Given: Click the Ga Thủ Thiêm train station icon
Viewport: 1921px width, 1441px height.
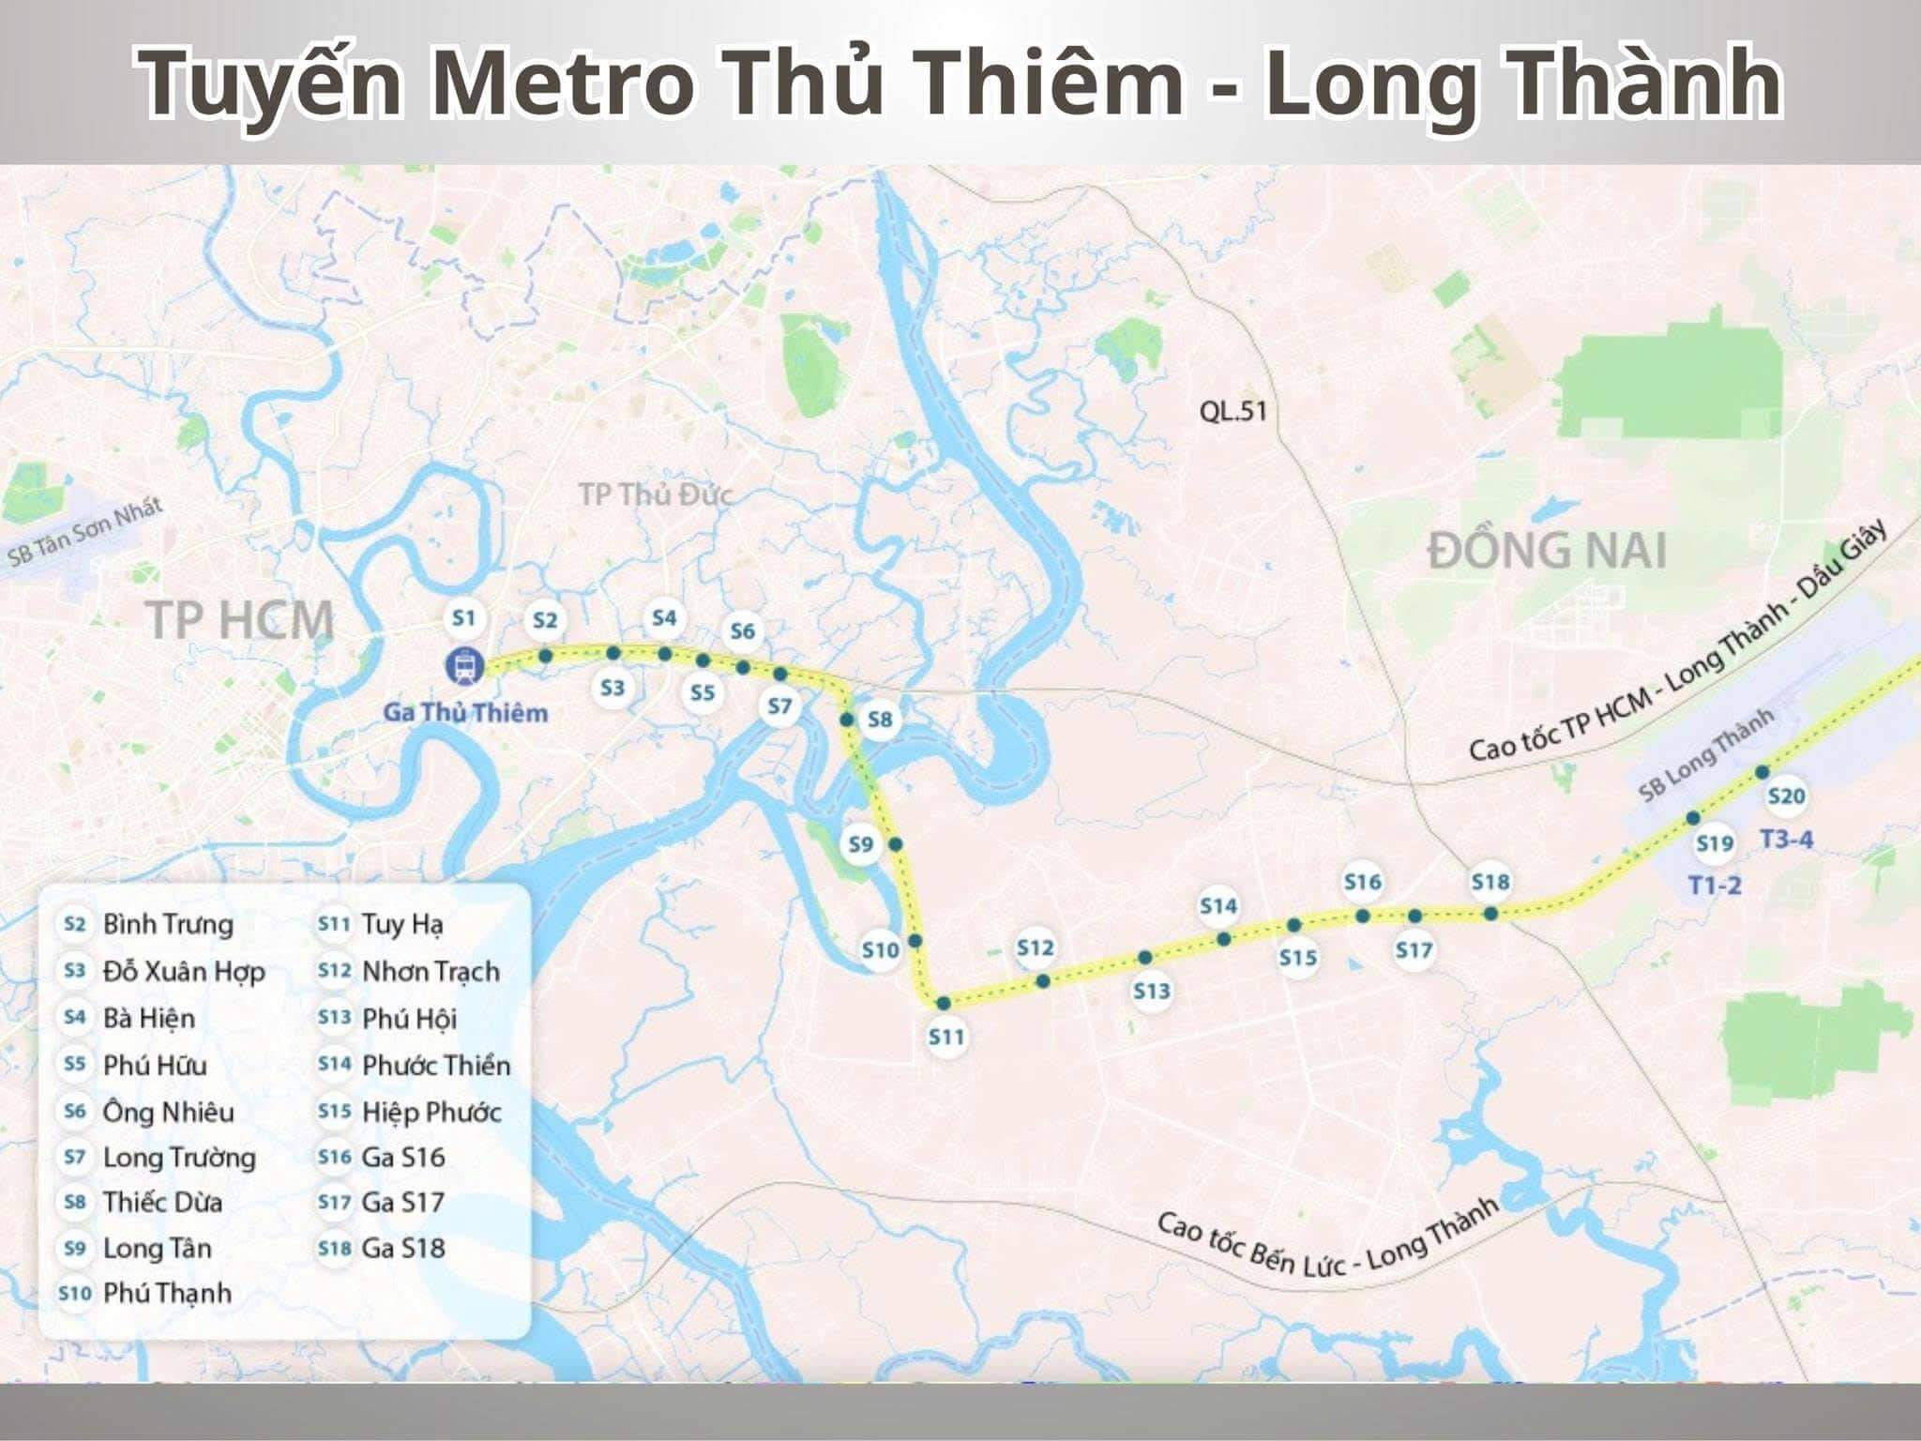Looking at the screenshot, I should [x=463, y=665].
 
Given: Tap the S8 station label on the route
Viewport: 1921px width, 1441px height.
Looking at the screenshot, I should [x=880, y=720].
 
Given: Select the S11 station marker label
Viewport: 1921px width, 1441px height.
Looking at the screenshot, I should [x=946, y=1037].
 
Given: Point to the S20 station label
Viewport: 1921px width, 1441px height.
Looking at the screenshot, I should [x=1786, y=796].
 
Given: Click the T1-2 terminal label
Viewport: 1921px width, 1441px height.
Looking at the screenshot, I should [x=1715, y=885].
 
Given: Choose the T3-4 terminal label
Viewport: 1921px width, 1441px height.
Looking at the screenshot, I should [x=1787, y=839].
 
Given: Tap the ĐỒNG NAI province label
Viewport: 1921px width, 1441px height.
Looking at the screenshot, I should [x=1548, y=551].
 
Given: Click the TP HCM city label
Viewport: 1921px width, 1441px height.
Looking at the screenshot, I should [x=240, y=620].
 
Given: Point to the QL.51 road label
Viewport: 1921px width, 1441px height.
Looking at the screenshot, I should [x=1233, y=411].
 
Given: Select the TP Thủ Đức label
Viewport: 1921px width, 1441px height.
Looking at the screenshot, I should [x=655, y=494].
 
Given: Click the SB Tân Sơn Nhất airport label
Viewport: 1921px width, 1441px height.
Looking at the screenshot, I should [x=84, y=533].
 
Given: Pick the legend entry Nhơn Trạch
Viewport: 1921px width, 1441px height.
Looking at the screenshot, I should [x=431, y=971].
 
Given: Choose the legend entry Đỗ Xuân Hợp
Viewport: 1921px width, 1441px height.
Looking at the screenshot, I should [x=184, y=971].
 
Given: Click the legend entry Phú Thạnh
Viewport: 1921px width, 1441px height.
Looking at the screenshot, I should [x=167, y=1293].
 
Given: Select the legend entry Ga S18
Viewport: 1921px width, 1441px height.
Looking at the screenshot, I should [x=403, y=1248].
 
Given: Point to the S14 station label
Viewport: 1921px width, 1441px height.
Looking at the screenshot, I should [x=1218, y=906].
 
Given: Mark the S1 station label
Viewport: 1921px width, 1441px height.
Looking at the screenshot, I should [x=463, y=618].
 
